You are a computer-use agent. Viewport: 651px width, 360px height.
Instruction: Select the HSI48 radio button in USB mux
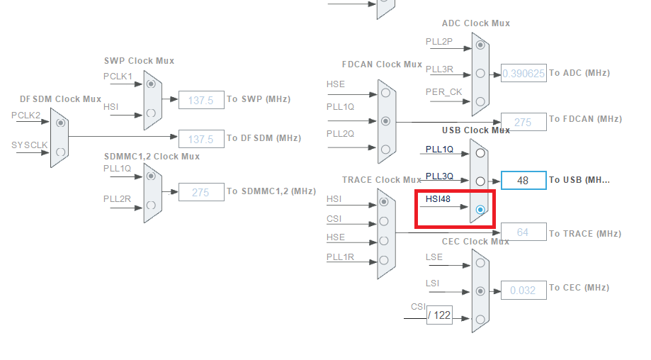[480, 210]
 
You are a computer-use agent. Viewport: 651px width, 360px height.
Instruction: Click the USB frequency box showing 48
[523, 180]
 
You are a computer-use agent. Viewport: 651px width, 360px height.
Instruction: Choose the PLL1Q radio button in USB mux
[480, 152]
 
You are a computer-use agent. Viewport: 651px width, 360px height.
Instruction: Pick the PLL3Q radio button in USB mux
[480, 181]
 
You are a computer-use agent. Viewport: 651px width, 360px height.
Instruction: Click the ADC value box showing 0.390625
[523, 73]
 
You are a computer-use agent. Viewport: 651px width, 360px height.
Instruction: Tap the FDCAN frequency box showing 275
[523, 122]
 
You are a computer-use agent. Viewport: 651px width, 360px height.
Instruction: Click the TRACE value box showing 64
[523, 232]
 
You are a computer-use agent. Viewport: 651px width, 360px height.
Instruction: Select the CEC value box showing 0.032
[523, 289]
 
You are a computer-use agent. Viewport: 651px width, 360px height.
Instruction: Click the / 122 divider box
[439, 315]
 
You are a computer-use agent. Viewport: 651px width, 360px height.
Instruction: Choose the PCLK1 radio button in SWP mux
[151, 83]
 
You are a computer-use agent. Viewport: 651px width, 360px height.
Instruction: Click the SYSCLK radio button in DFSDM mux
[60, 152]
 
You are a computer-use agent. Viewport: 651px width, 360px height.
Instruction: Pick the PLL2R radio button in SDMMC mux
[151, 206]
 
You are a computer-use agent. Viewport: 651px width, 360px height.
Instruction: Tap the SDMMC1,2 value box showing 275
[200, 192]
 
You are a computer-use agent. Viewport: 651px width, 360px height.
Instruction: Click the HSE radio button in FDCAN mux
[385, 93]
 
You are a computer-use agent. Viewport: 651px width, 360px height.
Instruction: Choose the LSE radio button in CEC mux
[480, 263]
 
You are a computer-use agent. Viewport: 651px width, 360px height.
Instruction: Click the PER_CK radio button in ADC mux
[480, 101]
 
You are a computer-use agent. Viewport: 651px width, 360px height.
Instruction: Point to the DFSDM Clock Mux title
[61, 99]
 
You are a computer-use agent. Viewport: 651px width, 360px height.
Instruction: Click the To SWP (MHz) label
[259, 99]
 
